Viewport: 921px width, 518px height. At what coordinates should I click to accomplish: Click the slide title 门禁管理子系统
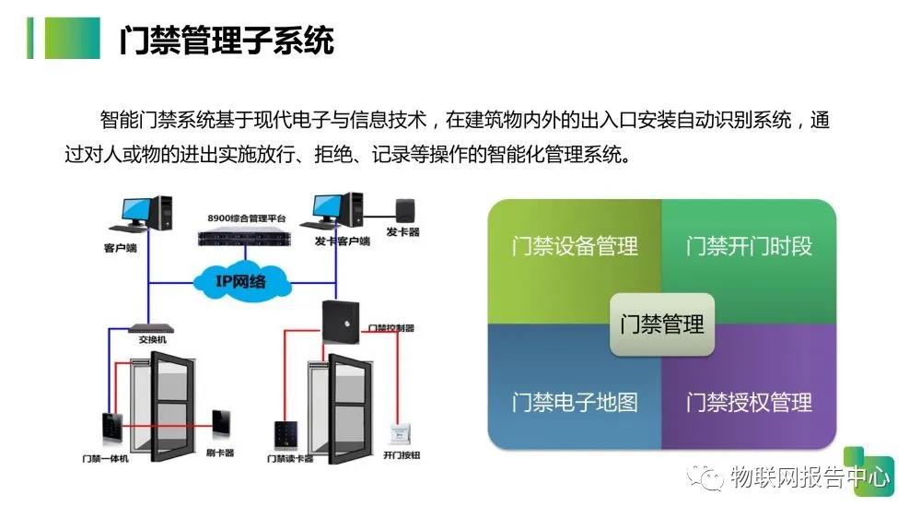tap(227, 41)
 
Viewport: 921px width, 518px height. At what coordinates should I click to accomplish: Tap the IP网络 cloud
tap(240, 278)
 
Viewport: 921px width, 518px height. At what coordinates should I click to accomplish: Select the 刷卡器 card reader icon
tap(222, 425)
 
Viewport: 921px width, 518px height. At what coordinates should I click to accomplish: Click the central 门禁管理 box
tap(662, 324)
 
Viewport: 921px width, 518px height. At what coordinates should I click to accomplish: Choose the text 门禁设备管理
tap(575, 247)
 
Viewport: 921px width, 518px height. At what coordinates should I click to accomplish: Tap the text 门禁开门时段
tap(749, 247)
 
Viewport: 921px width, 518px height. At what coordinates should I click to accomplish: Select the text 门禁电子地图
tap(575, 403)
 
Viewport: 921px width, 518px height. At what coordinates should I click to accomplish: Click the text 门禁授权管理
tap(749, 403)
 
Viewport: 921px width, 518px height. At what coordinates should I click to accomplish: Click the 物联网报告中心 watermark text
tap(810, 477)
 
